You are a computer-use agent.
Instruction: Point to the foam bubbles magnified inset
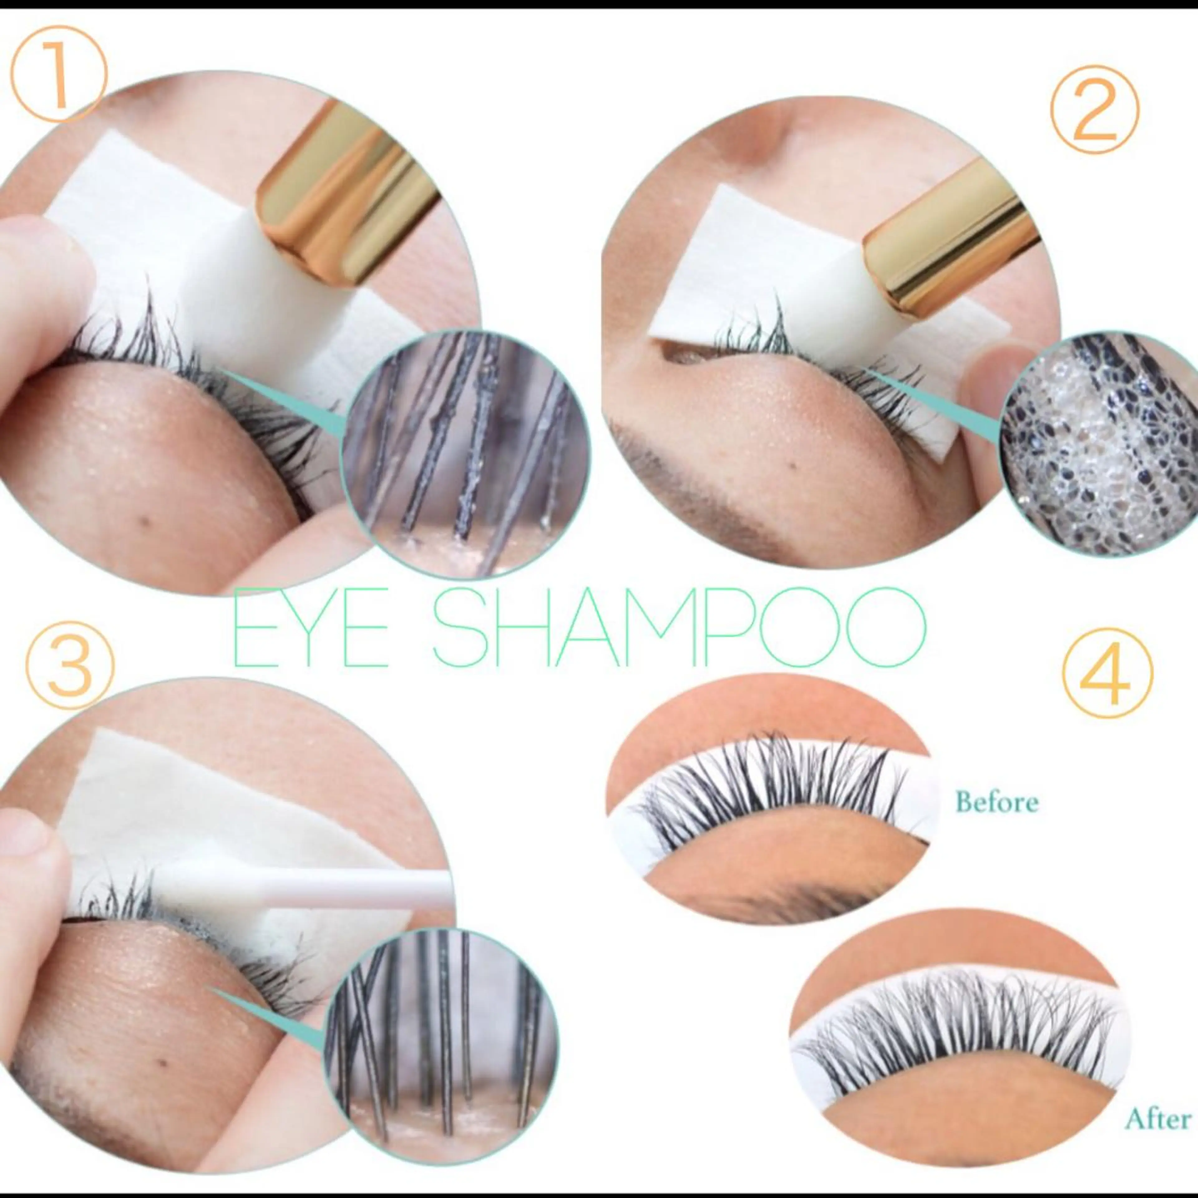pos(1098,443)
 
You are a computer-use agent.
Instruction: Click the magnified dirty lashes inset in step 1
pos(465,456)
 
